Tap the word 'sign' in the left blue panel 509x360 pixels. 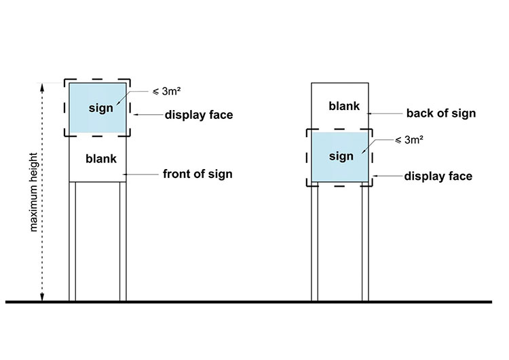pos(100,109)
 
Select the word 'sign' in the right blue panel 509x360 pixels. pos(341,156)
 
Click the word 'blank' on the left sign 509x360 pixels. pos(101,159)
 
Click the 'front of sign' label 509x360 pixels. pos(197,174)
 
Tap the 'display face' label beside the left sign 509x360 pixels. pos(199,115)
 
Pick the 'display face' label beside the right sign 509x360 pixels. pos(438,177)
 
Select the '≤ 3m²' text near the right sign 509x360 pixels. pos(409,141)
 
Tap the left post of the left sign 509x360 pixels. pos(73,241)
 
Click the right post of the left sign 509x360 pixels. pos(124,241)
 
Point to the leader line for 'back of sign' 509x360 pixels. pos(385,113)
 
